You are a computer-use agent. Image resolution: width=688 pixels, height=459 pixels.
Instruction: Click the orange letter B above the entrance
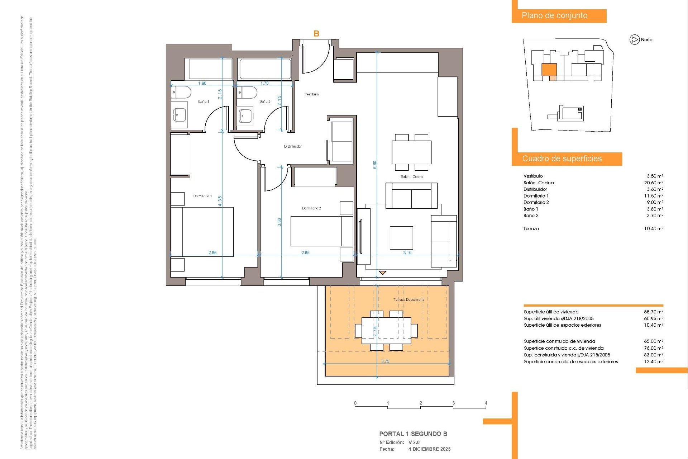[316, 34]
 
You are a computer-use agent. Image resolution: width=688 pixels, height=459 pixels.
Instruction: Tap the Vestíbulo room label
[311, 94]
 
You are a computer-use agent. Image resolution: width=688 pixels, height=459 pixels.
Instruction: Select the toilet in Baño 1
[181, 93]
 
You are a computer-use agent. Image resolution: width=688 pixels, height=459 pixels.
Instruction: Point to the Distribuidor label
[293, 146]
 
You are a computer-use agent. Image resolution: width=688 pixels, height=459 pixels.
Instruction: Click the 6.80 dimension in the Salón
[375, 165]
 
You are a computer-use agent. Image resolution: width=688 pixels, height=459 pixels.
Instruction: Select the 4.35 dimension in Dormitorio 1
[220, 201]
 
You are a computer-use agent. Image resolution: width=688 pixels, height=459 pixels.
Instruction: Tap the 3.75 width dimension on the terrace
[385, 361]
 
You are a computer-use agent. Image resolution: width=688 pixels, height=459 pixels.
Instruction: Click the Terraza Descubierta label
[409, 300]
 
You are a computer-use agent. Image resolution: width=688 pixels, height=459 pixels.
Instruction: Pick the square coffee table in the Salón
[401, 238]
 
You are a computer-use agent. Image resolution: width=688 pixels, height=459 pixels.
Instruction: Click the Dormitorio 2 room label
[311, 208]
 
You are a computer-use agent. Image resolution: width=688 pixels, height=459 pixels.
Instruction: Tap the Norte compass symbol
[635, 40]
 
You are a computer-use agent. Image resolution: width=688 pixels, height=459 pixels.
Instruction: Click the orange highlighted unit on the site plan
[549, 70]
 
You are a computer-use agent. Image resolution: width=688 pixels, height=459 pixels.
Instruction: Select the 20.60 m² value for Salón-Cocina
[654, 183]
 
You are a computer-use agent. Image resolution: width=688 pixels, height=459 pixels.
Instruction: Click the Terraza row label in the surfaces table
[531, 229]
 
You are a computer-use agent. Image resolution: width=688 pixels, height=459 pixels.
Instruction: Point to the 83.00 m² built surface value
[654, 355]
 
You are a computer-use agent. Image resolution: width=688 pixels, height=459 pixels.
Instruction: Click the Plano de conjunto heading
[554, 16]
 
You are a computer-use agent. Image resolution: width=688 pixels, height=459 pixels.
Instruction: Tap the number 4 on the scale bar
[486, 403]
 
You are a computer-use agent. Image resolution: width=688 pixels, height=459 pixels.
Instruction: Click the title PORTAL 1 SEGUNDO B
[413, 434]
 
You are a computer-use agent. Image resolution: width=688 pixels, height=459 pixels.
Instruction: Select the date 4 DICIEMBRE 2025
[429, 449]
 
